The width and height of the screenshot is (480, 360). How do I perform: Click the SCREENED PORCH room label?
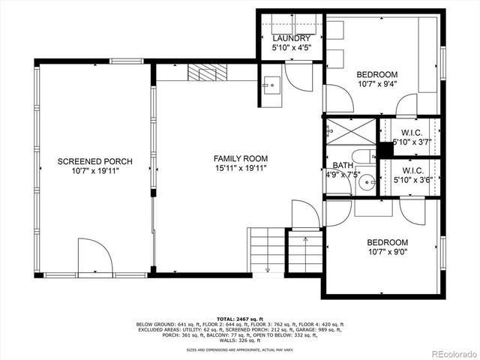pos(94,162)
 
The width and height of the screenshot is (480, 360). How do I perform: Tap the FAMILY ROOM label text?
pos(240,158)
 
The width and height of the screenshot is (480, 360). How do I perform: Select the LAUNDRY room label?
pos(291,39)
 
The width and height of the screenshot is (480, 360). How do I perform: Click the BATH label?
pos(342,166)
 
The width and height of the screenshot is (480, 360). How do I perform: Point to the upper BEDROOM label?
pos(376,74)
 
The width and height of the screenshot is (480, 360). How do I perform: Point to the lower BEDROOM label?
pos(387,242)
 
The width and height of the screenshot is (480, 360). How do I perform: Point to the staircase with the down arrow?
pos(266,250)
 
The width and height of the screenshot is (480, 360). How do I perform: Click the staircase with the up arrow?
pos(305,252)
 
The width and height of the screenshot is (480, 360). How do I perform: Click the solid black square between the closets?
pos(385,150)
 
